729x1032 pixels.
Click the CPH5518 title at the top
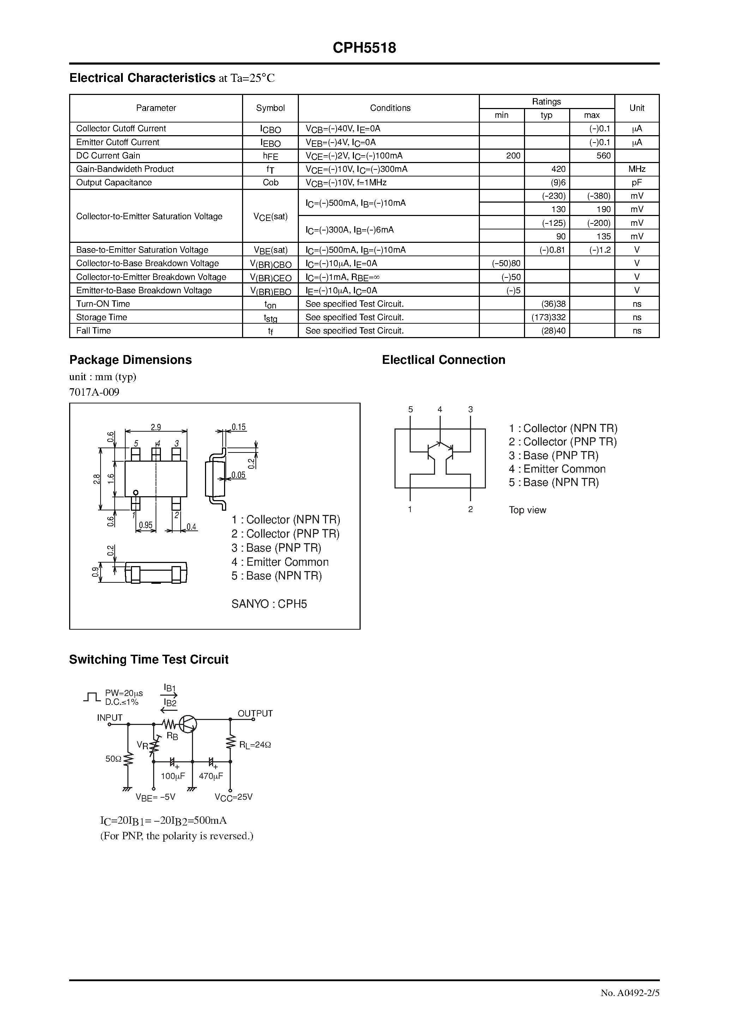(364, 48)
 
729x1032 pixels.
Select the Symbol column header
(270, 108)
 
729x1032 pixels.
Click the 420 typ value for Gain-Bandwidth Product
(558, 169)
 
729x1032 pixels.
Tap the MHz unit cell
(637, 169)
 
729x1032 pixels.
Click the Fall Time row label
(94, 331)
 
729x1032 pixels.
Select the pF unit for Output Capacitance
(637, 182)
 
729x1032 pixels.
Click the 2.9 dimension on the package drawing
(156, 427)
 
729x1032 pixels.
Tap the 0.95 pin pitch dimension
(146, 525)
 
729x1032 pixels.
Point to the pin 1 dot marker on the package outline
(136, 492)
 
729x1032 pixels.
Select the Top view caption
(527, 510)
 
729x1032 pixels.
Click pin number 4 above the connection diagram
(440, 409)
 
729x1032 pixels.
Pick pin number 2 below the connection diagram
(470, 509)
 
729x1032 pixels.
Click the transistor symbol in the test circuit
(187, 724)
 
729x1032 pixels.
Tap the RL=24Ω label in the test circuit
(255, 745)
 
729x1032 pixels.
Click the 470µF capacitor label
(211, 776)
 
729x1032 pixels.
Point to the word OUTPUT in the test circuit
(255, 713)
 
